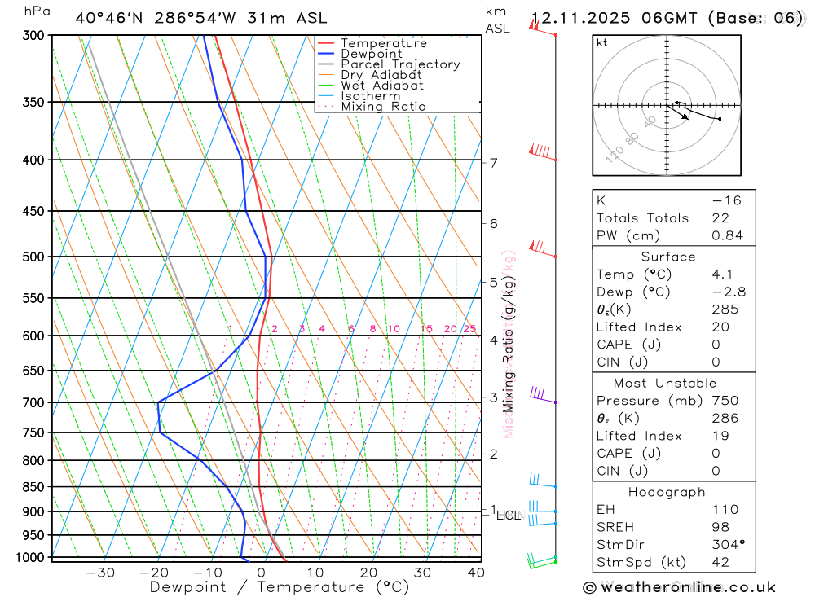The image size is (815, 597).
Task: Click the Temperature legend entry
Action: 383,43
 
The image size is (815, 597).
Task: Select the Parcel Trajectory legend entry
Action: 399,64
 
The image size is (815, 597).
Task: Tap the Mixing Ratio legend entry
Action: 383,107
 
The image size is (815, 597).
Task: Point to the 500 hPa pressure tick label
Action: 33,257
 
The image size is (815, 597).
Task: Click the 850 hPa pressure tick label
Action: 33,487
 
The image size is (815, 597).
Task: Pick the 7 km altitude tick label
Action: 494,163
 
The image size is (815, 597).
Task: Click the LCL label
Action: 508,515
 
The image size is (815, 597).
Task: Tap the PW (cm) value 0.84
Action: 727,235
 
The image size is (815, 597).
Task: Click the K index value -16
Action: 726,200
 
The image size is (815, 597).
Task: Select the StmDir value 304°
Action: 726,544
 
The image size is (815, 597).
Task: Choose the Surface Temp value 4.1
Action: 723,274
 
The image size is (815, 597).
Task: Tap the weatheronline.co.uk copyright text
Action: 679,586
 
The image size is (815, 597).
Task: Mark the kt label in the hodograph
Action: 602,42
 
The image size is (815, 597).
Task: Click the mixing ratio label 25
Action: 469,329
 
